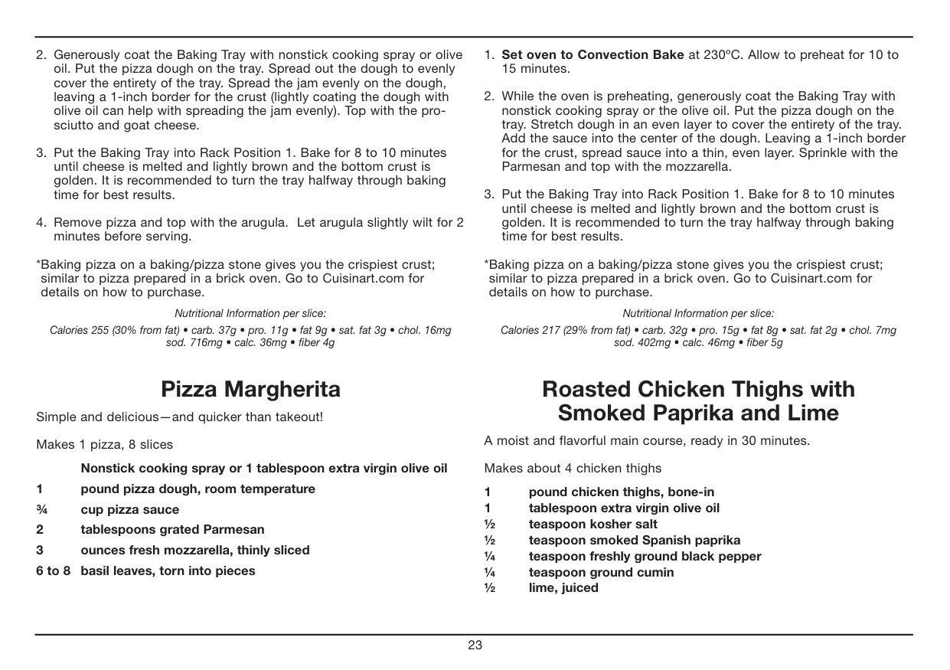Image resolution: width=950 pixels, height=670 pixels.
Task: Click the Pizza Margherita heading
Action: click(250, 389)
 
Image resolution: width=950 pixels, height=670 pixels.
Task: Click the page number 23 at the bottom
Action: click(475, 645)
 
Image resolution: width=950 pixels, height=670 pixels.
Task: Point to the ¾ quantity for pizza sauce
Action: click(41, 510)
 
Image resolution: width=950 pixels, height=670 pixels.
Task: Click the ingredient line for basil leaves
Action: click(168, 570)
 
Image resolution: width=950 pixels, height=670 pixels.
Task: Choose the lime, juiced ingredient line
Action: click(563, 588)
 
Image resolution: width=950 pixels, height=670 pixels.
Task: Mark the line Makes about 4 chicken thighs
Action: click(573, 468)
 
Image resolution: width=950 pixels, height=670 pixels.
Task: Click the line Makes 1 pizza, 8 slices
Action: click(104, 444)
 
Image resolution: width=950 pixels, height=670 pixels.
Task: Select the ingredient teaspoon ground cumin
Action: click(601, 572)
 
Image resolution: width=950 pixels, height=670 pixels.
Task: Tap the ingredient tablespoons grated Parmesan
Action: click(172, 530)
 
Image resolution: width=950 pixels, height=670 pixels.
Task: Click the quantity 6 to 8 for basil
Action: click(53, 570)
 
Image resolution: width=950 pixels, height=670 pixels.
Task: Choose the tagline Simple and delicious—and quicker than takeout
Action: click(179, 417)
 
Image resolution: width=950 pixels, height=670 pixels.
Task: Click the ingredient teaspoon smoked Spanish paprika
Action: click(634, 541)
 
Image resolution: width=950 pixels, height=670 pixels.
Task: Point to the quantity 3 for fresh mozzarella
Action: click(40, 550)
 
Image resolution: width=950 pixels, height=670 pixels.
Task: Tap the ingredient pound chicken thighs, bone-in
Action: click(621, 492)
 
